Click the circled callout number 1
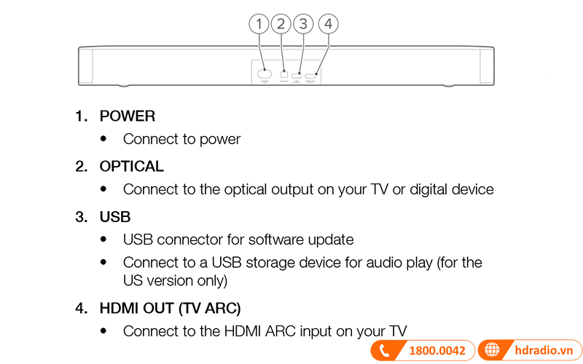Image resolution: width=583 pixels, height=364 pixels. (x=259, y=24)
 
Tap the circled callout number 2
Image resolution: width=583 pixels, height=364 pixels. (x=281, y=24)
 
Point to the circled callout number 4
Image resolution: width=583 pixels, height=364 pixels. (x=328, y=24)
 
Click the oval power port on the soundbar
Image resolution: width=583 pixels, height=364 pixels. (x=265, y=74)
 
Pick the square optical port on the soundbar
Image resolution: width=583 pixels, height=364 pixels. (x=284, y=74)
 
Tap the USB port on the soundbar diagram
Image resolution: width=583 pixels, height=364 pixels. (x=297, y=75)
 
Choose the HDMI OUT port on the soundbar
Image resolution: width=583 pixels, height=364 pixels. (x=310, y=75)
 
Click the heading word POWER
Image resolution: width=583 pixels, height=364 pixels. (x=128, y=116)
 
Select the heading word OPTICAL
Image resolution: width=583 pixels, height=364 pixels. (x=132, y=167)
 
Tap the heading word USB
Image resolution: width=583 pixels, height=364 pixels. (x=115, y=217)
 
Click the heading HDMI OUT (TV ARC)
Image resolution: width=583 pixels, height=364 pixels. (x=171, y=308)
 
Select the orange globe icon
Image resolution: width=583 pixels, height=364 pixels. (x=493, y=351)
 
